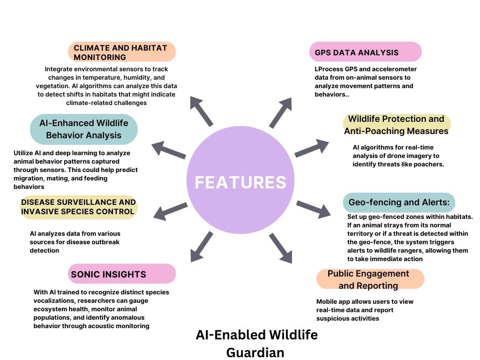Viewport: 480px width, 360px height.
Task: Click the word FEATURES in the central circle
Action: [240, 182]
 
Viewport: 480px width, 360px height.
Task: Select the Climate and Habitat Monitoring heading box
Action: [121, 52]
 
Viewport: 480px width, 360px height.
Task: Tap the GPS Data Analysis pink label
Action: [365, 52]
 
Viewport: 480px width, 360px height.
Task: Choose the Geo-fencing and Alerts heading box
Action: [399, 202]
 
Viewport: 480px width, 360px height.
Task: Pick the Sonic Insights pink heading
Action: [122, 274]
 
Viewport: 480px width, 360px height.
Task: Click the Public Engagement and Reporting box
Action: [370, 279]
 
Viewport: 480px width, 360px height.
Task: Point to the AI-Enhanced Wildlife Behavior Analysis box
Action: [84, 129]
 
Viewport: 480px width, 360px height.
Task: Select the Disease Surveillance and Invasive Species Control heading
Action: [78, 207]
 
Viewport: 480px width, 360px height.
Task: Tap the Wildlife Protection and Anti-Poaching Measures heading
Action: [397, 125]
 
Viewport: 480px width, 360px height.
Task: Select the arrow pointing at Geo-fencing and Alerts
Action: [313, 209]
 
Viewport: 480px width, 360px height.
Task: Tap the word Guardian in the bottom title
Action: [255, 352]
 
